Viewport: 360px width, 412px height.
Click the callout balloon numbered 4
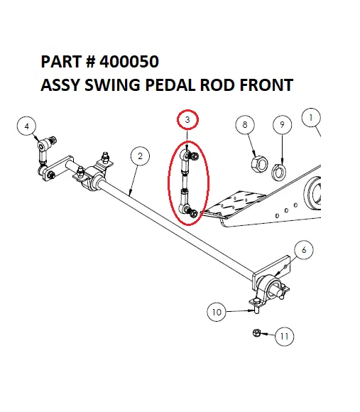27,126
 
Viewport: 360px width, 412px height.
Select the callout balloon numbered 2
141,156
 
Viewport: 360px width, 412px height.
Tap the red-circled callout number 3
187,120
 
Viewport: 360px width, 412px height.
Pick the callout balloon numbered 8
245,125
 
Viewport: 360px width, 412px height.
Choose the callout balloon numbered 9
282,125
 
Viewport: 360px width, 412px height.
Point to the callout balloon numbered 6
303,249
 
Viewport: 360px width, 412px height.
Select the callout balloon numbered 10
217,310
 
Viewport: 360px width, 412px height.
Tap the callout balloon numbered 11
284,337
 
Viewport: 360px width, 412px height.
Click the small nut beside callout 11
256,332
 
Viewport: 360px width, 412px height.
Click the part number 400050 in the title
125,62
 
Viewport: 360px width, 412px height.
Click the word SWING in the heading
114,85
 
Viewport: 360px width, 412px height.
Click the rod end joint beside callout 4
44,146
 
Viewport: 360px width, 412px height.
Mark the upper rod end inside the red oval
186,156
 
